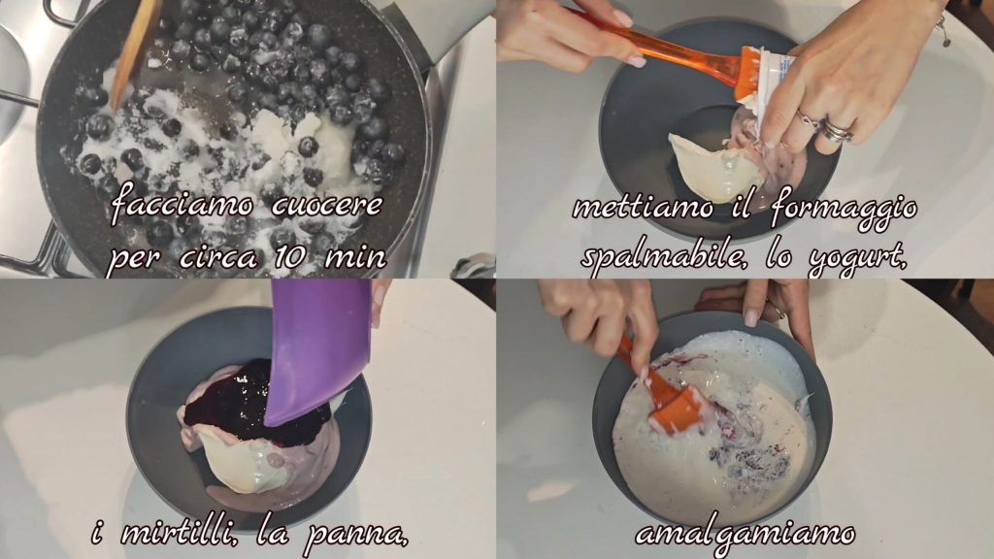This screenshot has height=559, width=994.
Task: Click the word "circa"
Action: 218,258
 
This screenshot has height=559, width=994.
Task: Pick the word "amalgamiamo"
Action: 745,535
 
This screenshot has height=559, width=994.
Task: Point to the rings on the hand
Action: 831,126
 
